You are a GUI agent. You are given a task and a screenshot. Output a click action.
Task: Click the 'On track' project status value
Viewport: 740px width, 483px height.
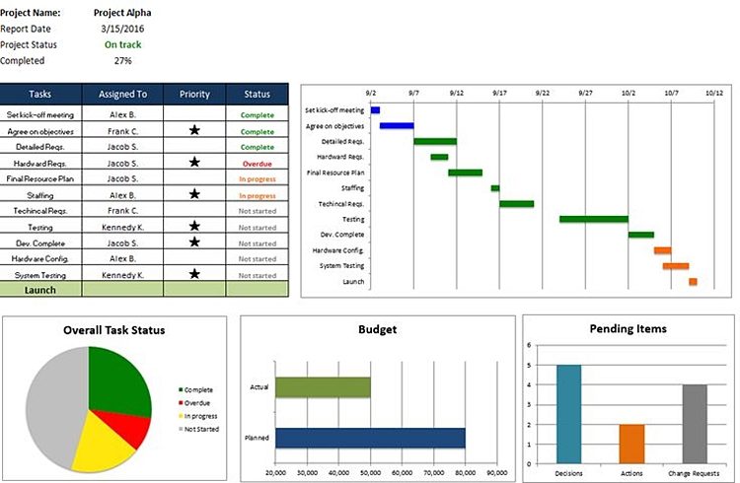[122, 44]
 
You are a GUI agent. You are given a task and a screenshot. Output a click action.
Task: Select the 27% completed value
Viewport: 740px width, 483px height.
[122, 61]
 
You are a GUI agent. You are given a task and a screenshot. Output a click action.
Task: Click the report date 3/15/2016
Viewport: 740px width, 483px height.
[122, 29]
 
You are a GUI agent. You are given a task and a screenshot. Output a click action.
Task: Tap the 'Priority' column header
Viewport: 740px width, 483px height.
[195, 95]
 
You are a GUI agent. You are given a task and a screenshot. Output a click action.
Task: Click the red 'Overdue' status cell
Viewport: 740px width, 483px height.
[257, 163]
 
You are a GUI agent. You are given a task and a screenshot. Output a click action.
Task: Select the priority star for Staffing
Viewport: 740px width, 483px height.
[195, 194]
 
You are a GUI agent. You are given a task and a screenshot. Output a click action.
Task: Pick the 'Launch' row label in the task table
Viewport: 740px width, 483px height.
[40, 290]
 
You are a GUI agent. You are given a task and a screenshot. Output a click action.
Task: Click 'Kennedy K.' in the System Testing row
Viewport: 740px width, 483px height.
[122, 274]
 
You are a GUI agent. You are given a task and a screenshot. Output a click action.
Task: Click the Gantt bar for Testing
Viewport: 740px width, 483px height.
[593, 219]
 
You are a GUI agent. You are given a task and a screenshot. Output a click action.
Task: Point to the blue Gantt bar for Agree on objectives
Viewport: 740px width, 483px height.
[397, 126]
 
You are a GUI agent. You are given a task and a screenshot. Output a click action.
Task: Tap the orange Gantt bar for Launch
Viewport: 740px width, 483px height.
[693, 282]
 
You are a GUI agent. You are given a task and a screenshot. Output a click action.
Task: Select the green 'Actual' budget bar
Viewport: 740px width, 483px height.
[323, 387]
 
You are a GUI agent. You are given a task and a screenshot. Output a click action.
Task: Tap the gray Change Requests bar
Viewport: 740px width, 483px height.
[694, 423]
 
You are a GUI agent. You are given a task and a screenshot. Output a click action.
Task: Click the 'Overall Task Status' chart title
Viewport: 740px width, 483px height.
[113, 330]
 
